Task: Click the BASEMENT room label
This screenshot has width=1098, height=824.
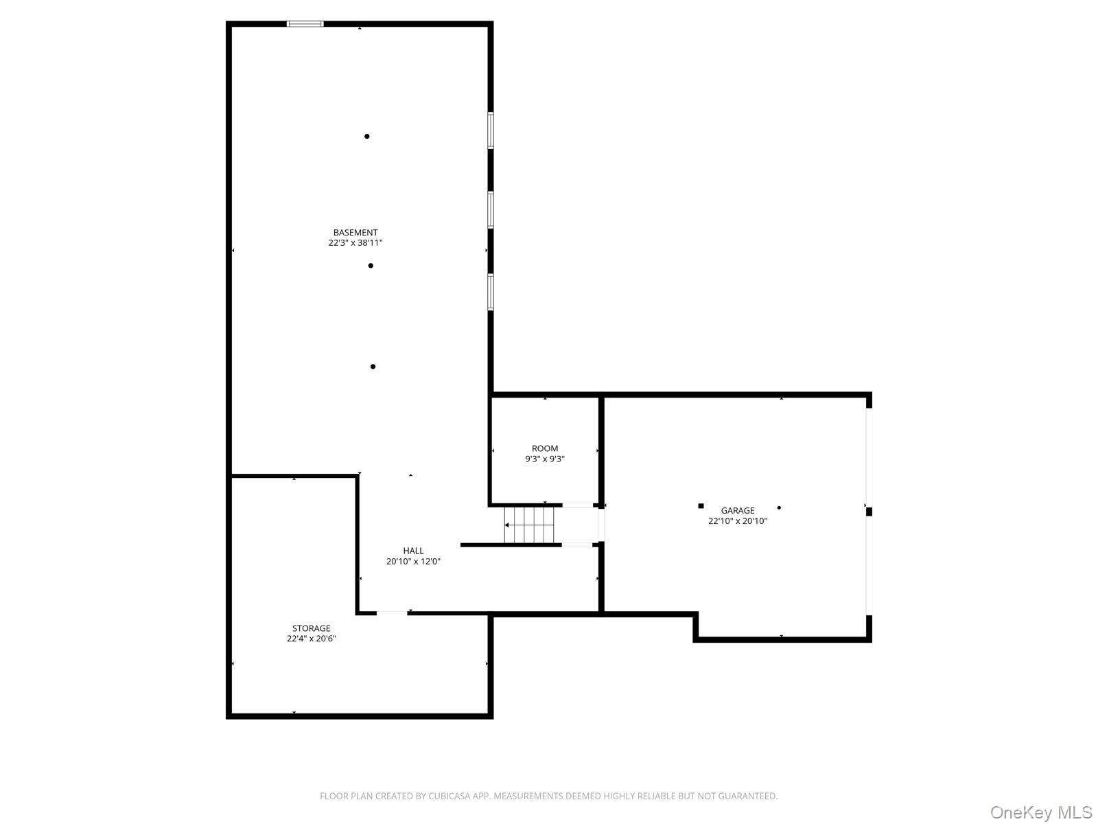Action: click(x=355, y=233)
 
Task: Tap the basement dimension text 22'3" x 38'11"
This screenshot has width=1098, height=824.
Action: click(x=355, y=243)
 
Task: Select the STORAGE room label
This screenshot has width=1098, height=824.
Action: click(x=311, y=628)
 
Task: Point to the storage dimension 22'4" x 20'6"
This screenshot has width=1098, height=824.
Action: click(x=311, y=639)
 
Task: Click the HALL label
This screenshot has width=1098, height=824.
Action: click(x=413, y=551)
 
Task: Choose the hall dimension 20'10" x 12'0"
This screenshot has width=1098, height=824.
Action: click(x=413, y=562)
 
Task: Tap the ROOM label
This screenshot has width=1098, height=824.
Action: click(x=545, y=448)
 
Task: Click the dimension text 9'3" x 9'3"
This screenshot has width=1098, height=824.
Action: click(x=545, y=459)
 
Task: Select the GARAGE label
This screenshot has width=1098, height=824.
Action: click(x=738, y=510)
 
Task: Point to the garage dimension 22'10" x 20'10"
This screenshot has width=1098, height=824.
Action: click(x=738, y=521)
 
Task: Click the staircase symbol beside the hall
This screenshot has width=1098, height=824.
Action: click(x=529, y=525)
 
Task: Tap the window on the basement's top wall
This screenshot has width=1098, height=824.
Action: click(x=305, y=24)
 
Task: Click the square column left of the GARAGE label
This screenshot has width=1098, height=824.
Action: click(x=701, y=506)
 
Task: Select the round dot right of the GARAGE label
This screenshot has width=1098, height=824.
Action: click(x=779, y=508)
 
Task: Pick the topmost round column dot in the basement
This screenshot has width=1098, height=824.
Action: click(x=367, y=137)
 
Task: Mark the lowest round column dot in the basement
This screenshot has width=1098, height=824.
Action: click(x=373, y=367)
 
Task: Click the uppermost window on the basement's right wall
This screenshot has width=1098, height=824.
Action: click(x=491, y=130)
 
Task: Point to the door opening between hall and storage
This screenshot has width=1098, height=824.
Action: click(x=392, y=613)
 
